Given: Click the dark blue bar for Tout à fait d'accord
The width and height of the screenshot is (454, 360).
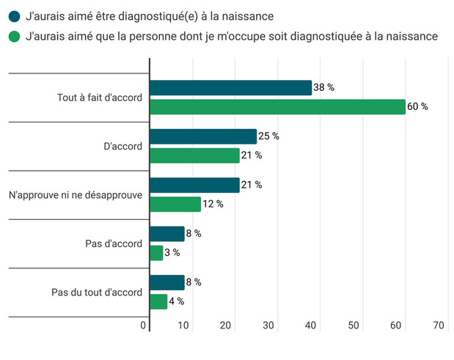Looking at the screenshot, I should point(230,87).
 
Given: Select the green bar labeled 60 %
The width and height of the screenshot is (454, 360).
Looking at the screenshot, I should point(277,106).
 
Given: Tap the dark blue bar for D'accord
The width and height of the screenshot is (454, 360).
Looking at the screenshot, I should point(203,136).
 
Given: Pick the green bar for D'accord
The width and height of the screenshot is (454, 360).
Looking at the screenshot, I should point(194,155).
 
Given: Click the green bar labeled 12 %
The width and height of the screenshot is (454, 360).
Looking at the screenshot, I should point(175,204).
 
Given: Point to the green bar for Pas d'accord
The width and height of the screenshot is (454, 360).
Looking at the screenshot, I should point(156,252).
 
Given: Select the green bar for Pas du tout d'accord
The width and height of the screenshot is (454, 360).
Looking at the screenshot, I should point(158,301).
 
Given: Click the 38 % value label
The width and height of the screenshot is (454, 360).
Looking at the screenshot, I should point(323,87).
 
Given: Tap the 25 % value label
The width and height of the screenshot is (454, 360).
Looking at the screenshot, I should point(269,136).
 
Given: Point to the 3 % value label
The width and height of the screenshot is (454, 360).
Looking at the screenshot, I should point(172,253).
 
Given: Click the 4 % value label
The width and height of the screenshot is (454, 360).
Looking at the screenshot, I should point(176,301).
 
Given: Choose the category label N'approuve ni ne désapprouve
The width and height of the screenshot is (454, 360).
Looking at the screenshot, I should point(75,194).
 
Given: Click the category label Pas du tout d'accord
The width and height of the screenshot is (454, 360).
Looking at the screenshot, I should point(97,292).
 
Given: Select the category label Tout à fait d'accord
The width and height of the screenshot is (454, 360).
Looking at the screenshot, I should point(100,98).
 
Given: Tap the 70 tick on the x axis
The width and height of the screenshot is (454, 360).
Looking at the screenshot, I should point(439,326).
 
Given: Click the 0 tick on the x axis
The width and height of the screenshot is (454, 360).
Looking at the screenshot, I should point(144,326).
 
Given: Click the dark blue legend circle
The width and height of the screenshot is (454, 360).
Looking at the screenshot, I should point(15,15).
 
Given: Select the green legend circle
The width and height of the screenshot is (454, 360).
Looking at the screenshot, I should point(15,35).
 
